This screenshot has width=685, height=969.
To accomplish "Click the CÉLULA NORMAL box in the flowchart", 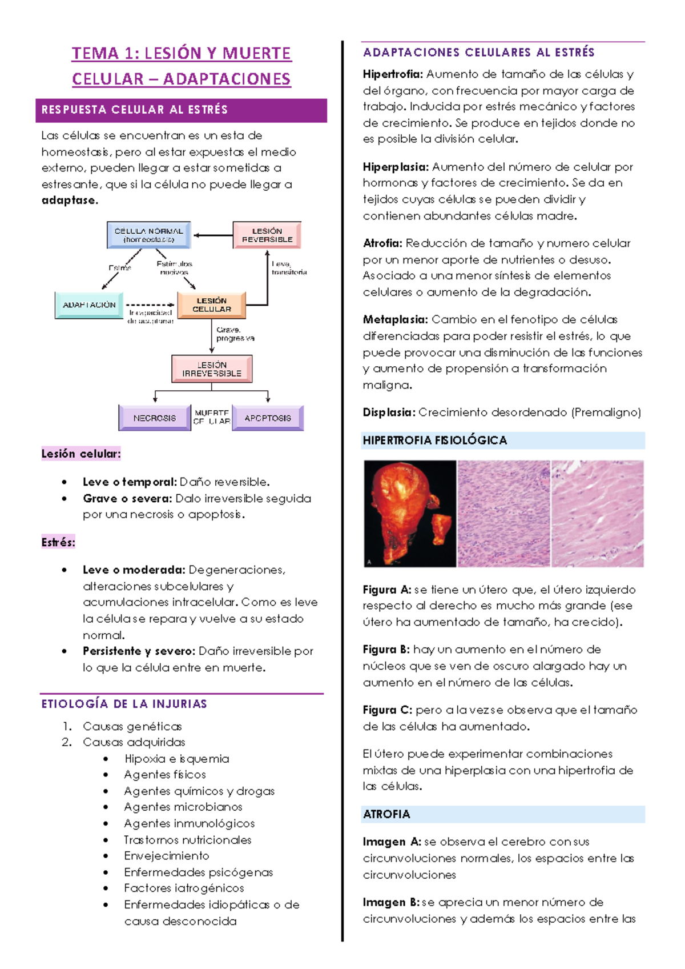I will pos(148,235).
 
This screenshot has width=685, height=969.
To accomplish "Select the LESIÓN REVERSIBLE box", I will pos(267,235).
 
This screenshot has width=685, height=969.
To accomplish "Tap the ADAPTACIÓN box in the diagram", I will pos(89,305).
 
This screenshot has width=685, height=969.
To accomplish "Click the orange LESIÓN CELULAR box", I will pos(211,305).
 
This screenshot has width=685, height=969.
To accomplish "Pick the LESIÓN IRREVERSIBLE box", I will pos(212,369).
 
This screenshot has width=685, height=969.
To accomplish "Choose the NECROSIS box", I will pos(154,418).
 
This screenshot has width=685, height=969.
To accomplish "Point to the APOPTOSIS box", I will pos(268,418).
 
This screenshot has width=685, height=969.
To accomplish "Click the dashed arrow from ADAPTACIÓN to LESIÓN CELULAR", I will pos(150,305).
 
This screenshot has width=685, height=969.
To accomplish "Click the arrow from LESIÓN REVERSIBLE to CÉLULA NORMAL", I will pos(212,235).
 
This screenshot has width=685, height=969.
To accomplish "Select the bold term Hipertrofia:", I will pos(393,74).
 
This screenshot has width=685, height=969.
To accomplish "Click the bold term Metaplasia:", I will pos(395,320).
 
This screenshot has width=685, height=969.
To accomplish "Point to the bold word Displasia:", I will pos(389,413).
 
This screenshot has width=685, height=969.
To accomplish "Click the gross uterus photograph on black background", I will pos(410,514).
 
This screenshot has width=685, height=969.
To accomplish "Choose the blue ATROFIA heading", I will pos(386,814).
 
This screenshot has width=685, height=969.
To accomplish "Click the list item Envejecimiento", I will pos(167,856).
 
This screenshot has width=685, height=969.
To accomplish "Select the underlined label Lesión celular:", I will pos(81,454).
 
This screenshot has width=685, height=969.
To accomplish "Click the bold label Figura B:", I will pos(386,650).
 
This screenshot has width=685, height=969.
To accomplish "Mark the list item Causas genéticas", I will pos(132,727).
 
